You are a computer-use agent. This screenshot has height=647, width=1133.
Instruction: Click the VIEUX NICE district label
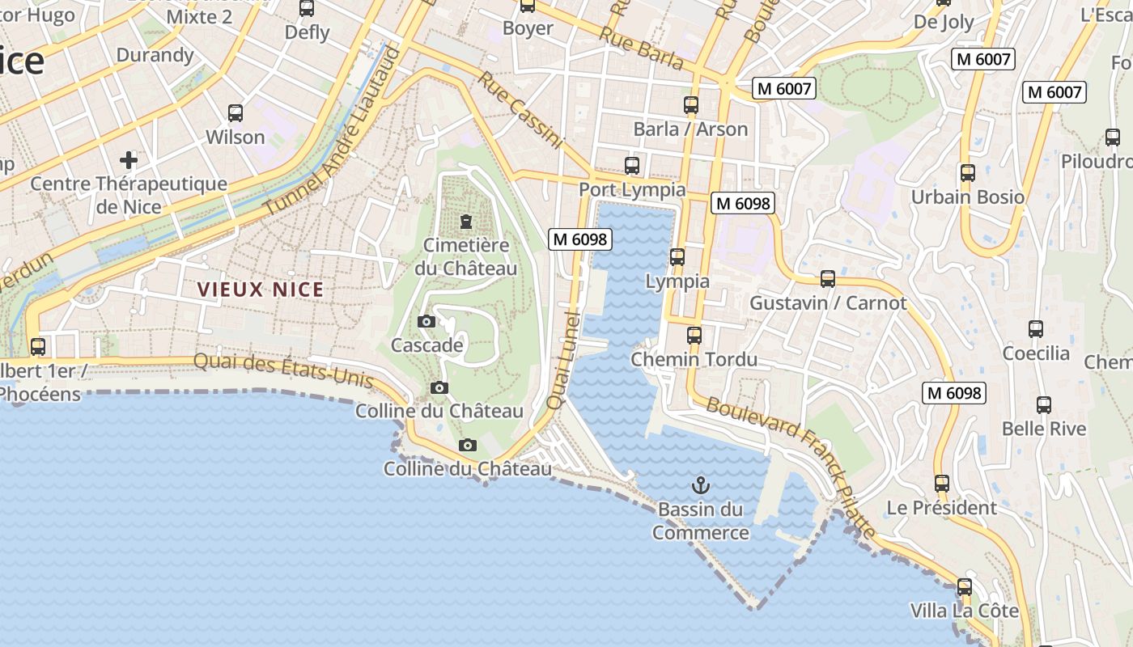pyautogui.click(x=261, y=290)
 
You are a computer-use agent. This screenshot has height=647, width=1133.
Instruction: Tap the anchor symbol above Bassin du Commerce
pyautogui.click(x=701, y=485)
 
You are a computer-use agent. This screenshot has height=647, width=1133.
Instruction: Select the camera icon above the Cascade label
pyautogui.click(x=426, y=322)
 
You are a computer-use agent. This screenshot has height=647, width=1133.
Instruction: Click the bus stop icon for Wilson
pyautogui.click(x=236, y=113)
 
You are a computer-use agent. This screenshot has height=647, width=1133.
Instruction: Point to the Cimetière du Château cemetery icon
pyautogui.click(x=465, y=221)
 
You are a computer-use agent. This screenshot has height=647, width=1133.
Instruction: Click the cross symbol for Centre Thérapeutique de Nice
pyautogui.click(x=129, y=159)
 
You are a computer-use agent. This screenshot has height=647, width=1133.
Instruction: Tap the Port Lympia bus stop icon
pyautogui.click(x=632, y=166)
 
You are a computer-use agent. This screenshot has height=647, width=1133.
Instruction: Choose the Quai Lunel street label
pyautogui.click(x=564, y=359)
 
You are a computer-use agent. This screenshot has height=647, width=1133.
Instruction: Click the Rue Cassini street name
pyautogui.click(x=520, y=111)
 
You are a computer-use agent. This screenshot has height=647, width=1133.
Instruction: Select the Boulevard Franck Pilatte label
pyautogui.click(x=791, y=467)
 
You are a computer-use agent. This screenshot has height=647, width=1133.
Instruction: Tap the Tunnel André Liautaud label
pyautogui.click(x=333, y=133)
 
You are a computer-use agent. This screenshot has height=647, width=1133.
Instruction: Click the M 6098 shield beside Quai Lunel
pyautogui.click(x=579, y=239)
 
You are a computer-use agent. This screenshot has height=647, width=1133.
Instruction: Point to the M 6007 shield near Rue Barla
pyautogui.click(x=783, y=88)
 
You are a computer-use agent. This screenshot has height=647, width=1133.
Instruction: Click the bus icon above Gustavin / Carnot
pyautogui.click(x=827, y=279)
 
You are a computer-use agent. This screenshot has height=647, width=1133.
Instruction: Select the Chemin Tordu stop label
pyautogui.click(x=694, y=359)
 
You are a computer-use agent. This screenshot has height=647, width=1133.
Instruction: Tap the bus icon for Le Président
pyautogui.click(x=942, y=484)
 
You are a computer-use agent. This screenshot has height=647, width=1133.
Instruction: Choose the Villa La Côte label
pyautogui.click(x=964, y=611)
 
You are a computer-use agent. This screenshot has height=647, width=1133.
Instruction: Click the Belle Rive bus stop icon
pyautogui.click(x=1044, y=405)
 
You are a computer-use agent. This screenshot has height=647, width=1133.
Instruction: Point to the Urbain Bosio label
pyautogui.click(x=967, y=197)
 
